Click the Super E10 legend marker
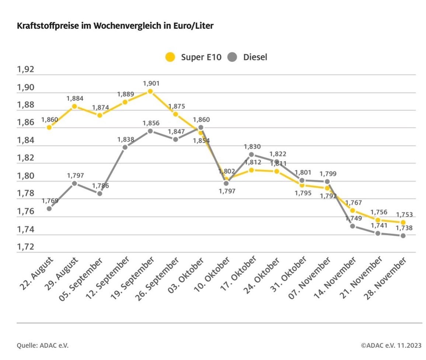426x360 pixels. tap(170, 57)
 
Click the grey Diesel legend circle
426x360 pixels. tap(232, 57)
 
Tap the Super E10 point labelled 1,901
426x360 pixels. tap(150, 91)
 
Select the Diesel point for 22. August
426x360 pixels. tap(49, 209)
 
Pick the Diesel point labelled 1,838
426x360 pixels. tap(125, 147)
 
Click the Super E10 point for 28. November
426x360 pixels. tap(403, 222)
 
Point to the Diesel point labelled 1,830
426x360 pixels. tap(251, 154)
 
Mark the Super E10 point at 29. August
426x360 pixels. tap(74, 106)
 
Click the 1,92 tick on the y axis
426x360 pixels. tap(26, 70)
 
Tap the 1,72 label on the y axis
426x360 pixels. tap(26, 247)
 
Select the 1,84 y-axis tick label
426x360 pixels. tap(26, 140)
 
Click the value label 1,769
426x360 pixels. tap(49, 200)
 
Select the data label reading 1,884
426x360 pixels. tap(75, 98)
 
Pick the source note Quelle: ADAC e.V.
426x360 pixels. tap(43, 345)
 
